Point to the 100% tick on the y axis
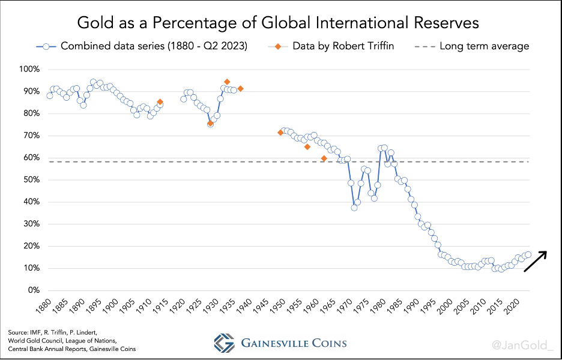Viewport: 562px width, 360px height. (x=29, y=69)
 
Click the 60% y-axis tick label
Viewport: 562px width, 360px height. (x=31, y=158)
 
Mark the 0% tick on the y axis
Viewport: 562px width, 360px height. (x=33, y=290)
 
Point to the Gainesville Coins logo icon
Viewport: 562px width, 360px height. (x=225, y=343)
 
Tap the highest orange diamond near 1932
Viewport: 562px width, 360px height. (x=227, y=82)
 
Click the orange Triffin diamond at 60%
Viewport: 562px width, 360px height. (x=324, y=158)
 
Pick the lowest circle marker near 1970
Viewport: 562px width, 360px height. (x=354, y=208)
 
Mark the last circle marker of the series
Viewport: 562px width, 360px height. (x=528, y=254)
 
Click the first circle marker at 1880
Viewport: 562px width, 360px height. (x=50, y=95)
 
